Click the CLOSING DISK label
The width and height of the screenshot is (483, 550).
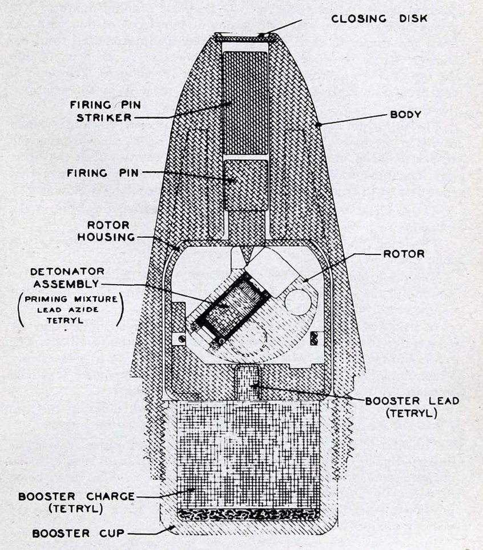coord(379,19)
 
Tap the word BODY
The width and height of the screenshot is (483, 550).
coord(405,114)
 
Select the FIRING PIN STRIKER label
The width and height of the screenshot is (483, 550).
coord(105,111)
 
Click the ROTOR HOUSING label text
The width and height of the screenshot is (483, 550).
coord(106,231)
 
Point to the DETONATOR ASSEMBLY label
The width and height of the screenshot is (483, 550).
coord(67,277)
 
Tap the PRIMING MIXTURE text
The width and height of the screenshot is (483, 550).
coord(71,299)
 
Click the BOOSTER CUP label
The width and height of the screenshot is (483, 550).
coord(78,533)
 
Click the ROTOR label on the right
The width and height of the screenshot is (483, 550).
coord(404,254)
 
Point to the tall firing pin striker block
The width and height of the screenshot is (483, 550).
coord(245,103)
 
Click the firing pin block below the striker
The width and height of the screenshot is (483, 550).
coord(245,185)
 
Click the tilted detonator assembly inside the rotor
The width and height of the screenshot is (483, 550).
coord(228,306)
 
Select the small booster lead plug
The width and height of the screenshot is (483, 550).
coord(248,382)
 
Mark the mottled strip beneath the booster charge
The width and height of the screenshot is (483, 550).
coord(248,514)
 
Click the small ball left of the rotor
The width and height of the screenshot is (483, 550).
coord(180,339)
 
